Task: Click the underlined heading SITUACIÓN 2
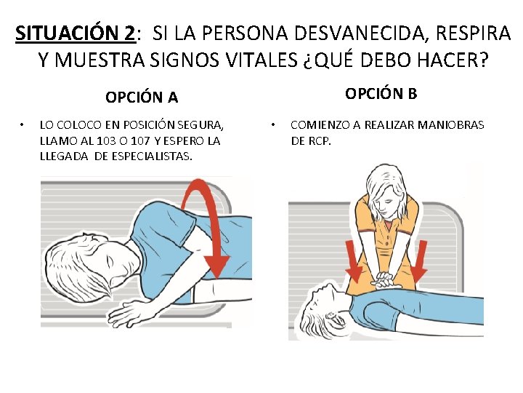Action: tap(75, 33)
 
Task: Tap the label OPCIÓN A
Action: tap(142, 97)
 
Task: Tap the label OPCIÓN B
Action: tap(381, 93)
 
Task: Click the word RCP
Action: tap(320, 140)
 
